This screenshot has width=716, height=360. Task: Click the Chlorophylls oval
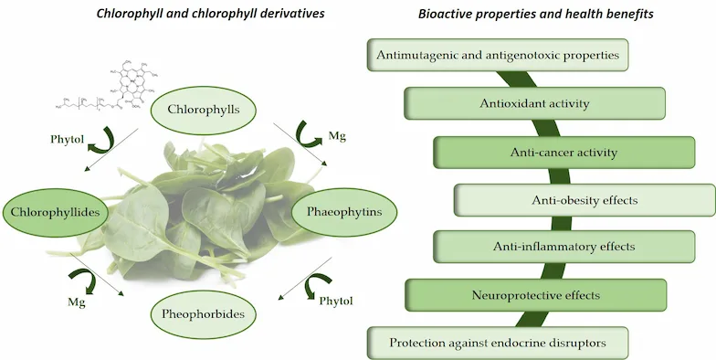tap(204, 110)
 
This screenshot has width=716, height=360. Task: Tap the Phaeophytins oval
tap(337, 211)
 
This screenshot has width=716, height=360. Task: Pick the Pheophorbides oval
tap(204, 314)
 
